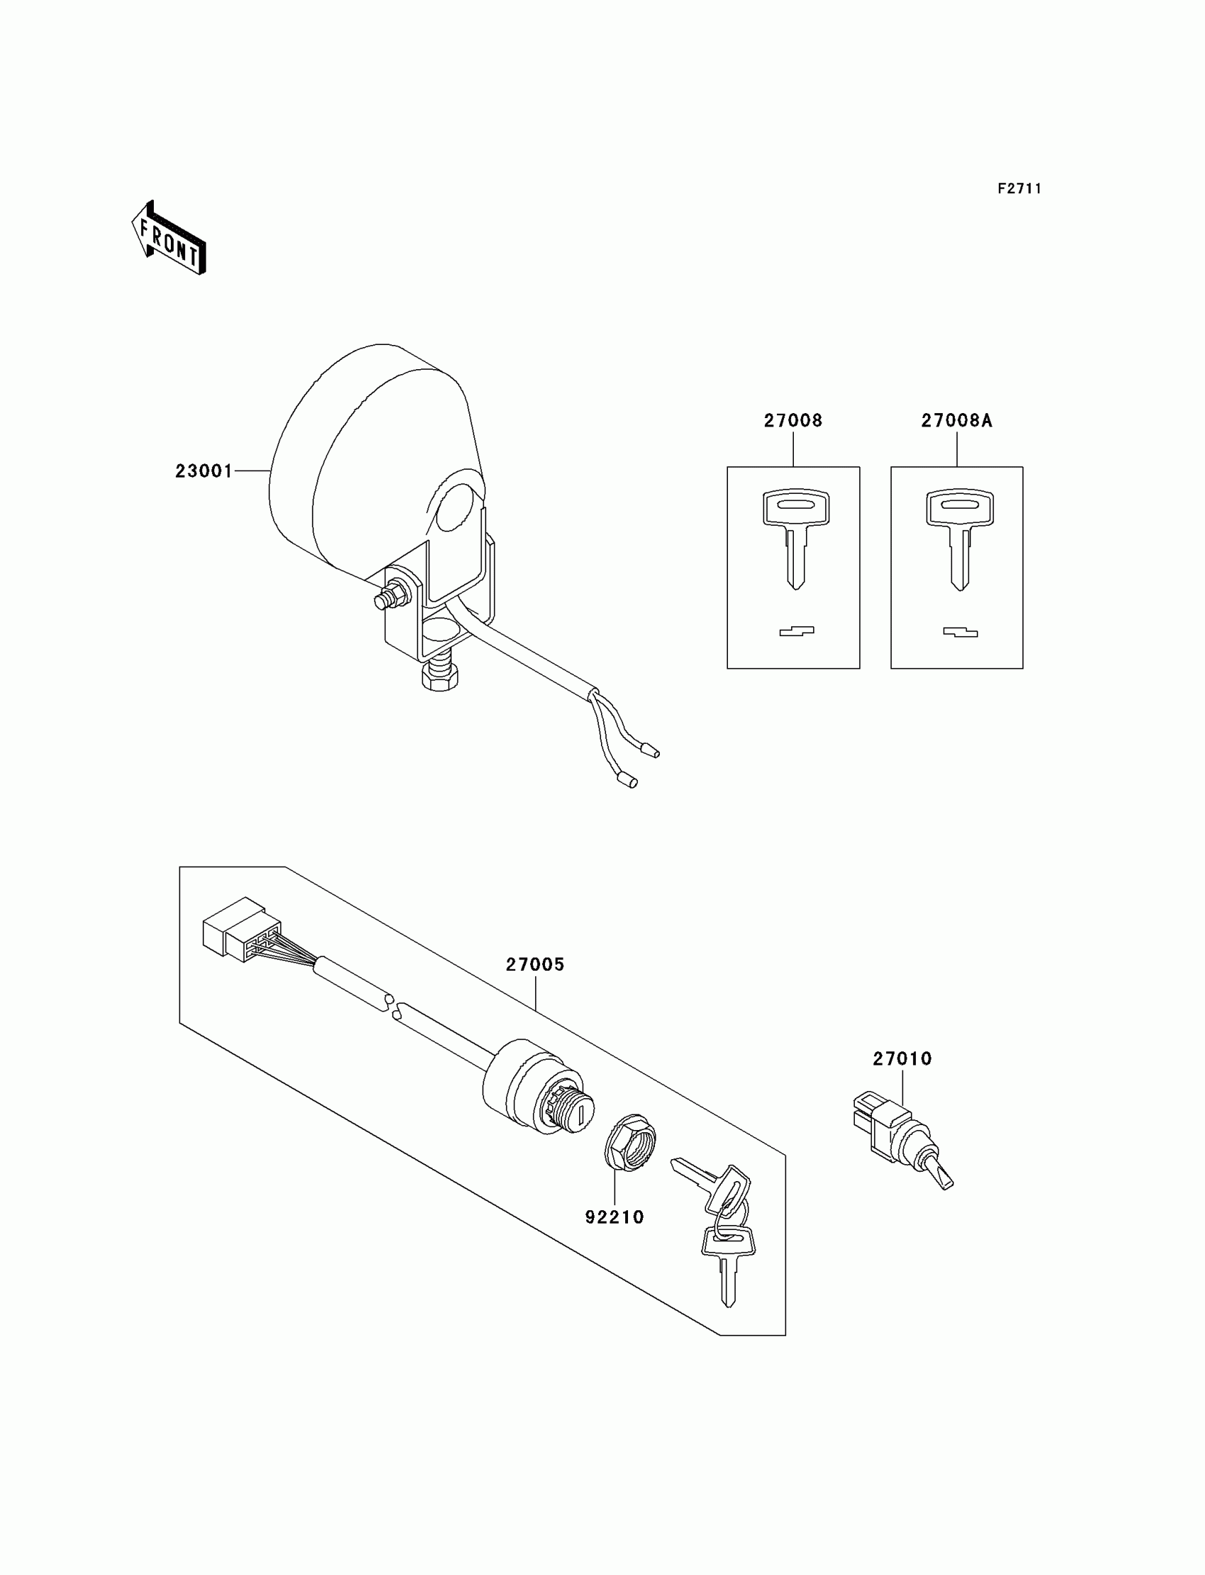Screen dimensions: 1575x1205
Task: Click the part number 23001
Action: click(x=203, y=471)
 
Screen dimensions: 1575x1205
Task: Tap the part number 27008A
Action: click(x=956, y=421)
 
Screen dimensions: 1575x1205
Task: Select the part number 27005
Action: click(x=535, y=965)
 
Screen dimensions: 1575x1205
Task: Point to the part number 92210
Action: click(x=615, y=1217)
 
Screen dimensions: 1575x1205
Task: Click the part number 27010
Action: click(x=902, y=1059)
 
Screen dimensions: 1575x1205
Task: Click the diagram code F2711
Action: click(x=1019, y=188)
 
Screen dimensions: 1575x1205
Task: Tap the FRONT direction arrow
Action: click(x=169, y=239)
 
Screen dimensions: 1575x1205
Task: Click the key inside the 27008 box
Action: click(x=795, y=535)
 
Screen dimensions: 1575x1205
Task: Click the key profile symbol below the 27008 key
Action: click(x=796, y=631)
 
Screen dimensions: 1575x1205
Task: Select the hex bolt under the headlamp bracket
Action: click(x=440, y=672)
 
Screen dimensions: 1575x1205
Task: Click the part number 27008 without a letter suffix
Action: click(x=792, y=421)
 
